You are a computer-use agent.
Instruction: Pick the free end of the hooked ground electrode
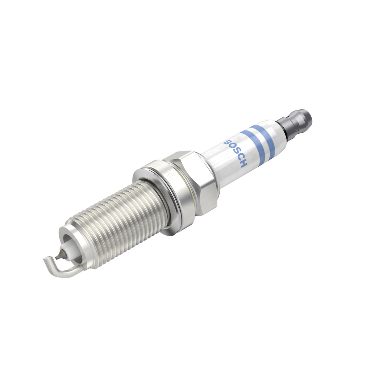(46, 259)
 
